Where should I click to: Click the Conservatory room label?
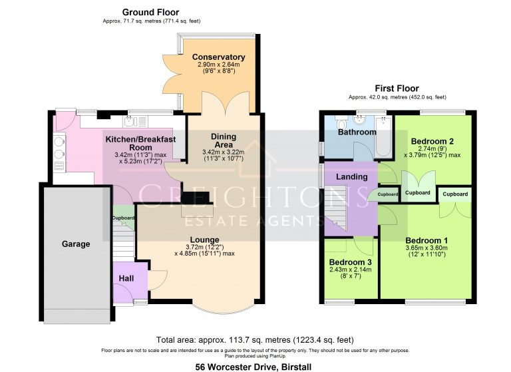click(218, 57)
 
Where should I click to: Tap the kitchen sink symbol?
click(130, 121)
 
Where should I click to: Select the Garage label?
click(76, 244)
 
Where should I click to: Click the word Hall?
click(126, 278)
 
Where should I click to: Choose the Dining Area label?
click(224, 140)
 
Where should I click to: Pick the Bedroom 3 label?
click(351, 262)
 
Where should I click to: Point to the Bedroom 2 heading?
click(432, 141)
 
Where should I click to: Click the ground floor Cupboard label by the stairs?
click(122, 218)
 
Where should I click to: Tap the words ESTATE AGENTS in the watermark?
click(256, 220)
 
